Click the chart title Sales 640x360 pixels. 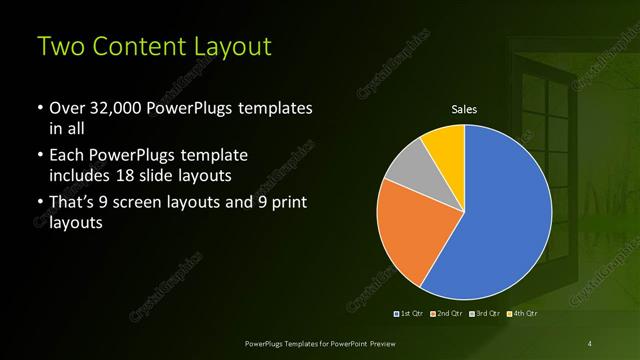click(x=464, y=109)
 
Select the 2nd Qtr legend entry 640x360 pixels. click(x=446, y=314)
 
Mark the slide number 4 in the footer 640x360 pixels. click(x=590, y=343)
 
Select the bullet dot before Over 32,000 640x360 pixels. click(x=38, y=108)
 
